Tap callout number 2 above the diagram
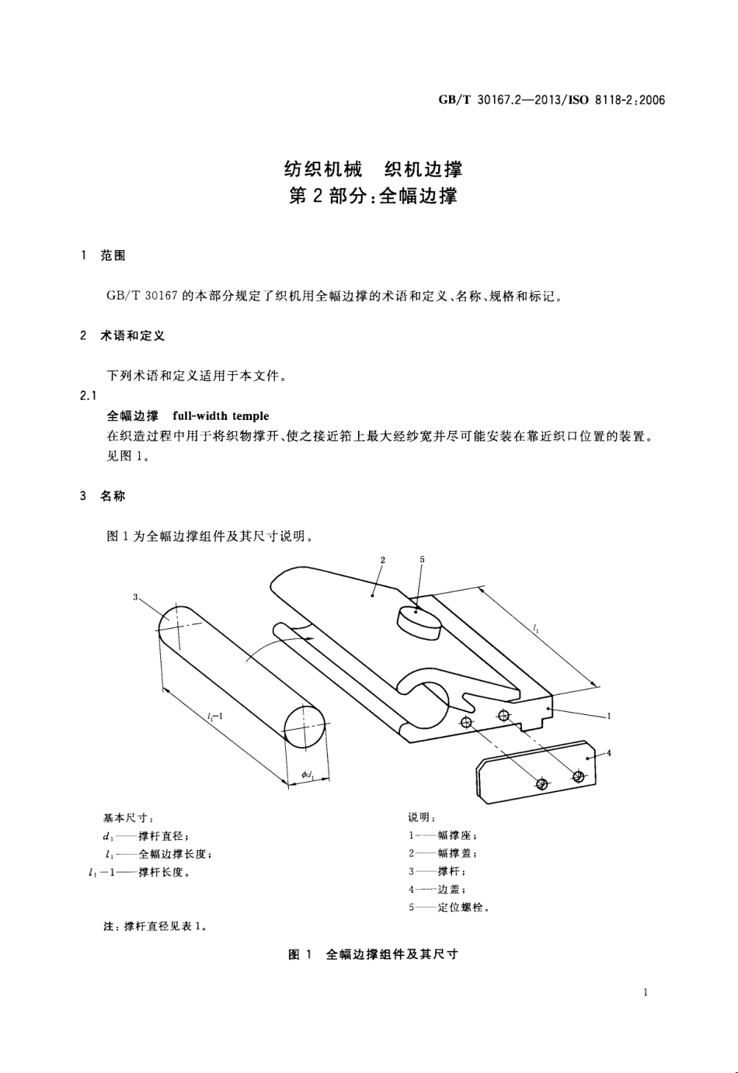(383, 559)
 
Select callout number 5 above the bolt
(422, 559)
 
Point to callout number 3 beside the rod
(135, 596)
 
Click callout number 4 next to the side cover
(608, 752)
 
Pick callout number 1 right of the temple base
(609, 716)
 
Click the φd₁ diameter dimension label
(308, 774)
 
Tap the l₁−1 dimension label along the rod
(216, 716)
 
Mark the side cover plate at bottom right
(536, 770)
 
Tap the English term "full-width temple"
(221, 416)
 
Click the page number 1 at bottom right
(646, 991)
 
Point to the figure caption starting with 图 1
(373, 954)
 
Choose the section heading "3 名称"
(103, 495)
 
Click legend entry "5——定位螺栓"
(449, 907)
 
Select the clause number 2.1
(89, 396)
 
